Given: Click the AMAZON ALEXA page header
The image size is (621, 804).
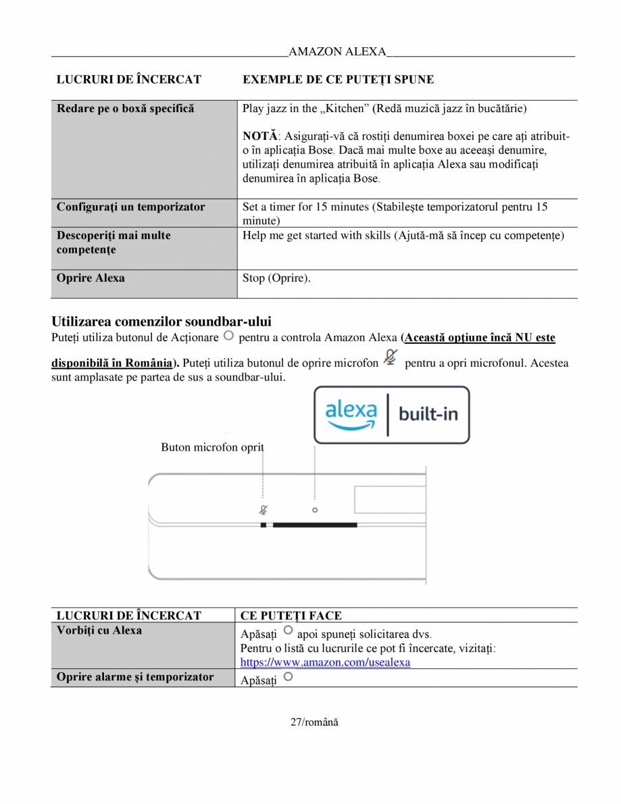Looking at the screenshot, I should coord(337,52).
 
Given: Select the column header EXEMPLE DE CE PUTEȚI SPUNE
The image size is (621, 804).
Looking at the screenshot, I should coord(338,80).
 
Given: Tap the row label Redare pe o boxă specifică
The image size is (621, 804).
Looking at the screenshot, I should coord(125,109).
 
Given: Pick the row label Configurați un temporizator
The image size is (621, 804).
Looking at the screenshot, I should coord(130,207).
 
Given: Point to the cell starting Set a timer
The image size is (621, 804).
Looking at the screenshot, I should coord(395,213).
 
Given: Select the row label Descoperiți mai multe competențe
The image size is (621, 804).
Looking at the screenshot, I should coord(114,242).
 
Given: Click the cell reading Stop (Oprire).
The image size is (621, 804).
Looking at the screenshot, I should coord(276,278).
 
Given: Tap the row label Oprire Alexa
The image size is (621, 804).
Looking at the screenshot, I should coord(91,278).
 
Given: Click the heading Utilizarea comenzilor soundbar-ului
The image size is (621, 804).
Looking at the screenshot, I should coord(162,321).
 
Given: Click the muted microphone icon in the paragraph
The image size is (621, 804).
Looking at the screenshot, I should coord(391,359).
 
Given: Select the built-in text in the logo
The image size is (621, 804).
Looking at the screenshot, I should coord(428,413).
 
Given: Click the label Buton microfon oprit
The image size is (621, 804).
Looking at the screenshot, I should coord(212,447).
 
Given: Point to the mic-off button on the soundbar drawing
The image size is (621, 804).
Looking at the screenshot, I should coord(263,510).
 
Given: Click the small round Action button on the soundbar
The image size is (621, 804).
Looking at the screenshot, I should coord(315,510).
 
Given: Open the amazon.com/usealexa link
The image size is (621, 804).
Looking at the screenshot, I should coord(325,662).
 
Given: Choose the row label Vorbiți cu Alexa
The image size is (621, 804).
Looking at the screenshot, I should coord(99,630).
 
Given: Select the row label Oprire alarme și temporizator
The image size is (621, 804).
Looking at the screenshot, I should coord(135,677).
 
